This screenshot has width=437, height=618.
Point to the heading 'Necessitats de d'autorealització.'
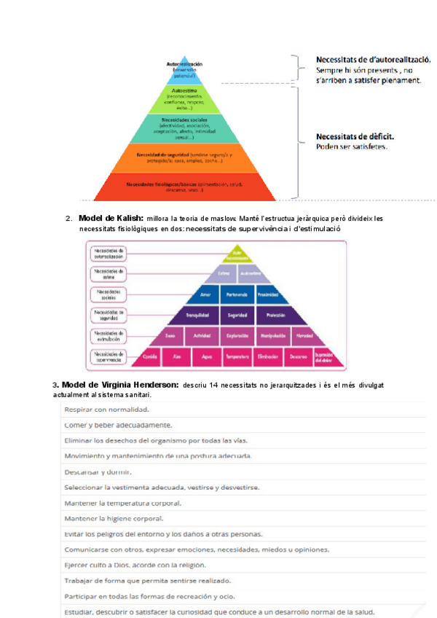(x=374, y=58)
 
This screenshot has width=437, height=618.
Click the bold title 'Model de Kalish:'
(x=110, y=219)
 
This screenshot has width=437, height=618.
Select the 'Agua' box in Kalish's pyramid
(x=206, y=357)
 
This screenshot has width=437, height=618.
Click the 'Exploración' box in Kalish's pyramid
(x=237, y=336)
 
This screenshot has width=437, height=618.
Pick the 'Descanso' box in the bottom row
(x=298, y=357)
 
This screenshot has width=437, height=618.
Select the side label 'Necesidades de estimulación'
(x=109, y=336)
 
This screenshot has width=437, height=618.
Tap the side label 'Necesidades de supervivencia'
(x=109, y=356)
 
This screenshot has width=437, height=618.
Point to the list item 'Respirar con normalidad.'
(x=110, y=410)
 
